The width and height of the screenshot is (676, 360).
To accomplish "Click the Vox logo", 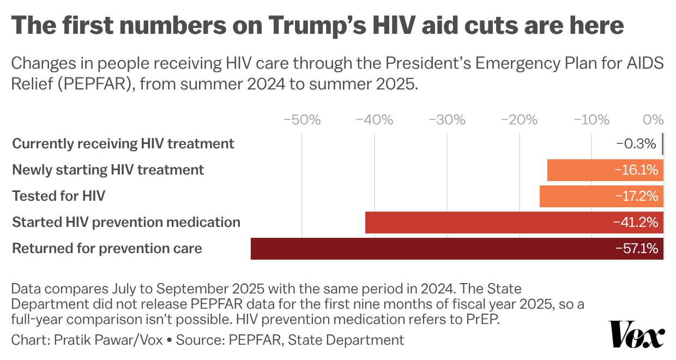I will click(636, 334).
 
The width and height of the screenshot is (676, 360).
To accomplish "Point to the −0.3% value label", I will click(636, 144).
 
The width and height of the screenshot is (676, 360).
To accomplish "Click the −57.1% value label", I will click(636, 249).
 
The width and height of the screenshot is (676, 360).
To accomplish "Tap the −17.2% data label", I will click(636, 196).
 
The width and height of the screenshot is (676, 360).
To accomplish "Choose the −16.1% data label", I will click(636, 170).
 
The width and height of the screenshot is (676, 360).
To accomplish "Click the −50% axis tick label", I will click(302, 120).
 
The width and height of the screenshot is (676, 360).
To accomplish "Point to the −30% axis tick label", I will click(447, 120).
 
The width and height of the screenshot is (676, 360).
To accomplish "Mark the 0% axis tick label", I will click(654, 120).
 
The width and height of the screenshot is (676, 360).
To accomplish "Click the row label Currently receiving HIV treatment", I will click(123, 144).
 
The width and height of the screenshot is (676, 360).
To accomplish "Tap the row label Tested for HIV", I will click(58, 196).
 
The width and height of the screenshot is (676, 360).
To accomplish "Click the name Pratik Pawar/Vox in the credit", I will click(108, 340).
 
